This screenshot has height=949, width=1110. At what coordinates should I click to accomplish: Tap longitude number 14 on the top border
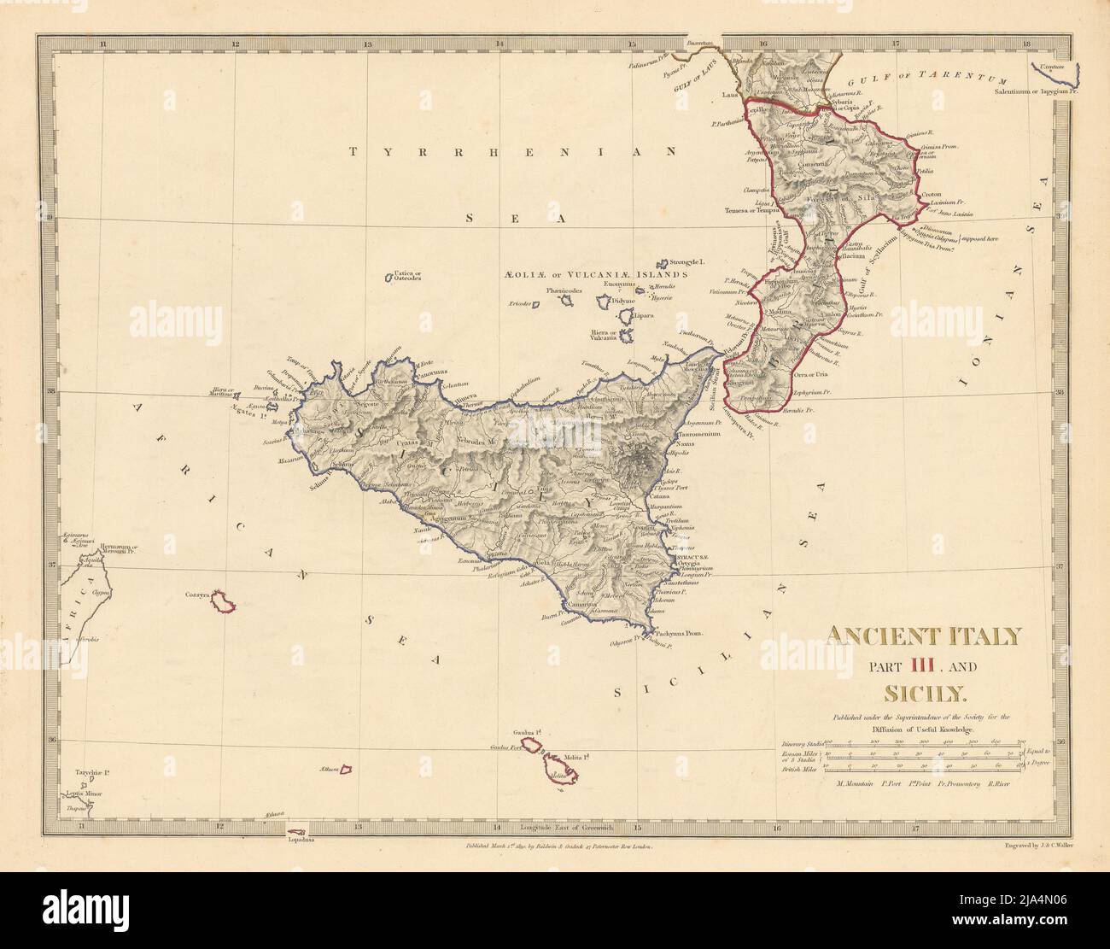click(499, 43)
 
